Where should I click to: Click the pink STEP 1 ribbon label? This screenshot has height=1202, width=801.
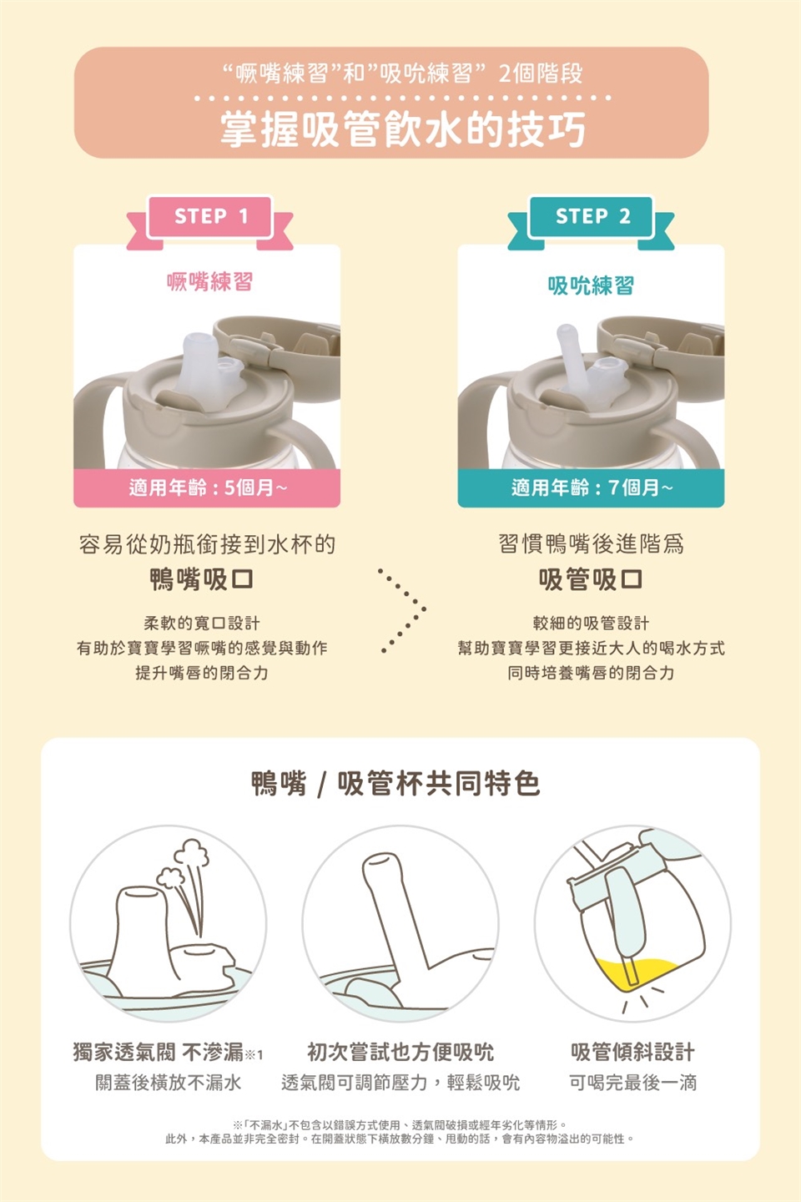click(209, 217)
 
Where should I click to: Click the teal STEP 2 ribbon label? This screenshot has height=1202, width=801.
click(592, 217)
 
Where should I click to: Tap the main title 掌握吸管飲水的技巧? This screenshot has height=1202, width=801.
click(403, 129)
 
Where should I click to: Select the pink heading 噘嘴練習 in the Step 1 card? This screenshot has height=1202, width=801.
click(209, 282)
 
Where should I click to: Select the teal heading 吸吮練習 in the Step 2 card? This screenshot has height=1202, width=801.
click(592, 285)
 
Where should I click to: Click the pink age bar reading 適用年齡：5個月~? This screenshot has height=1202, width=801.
click(207, 487)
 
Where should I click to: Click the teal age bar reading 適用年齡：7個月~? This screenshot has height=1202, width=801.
click(592, 487)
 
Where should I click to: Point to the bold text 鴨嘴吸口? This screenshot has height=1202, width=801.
click(202, 579)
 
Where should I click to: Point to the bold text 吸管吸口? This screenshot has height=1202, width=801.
click(591, 579)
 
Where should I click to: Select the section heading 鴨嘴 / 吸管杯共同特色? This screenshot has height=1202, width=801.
click(396, 784)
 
